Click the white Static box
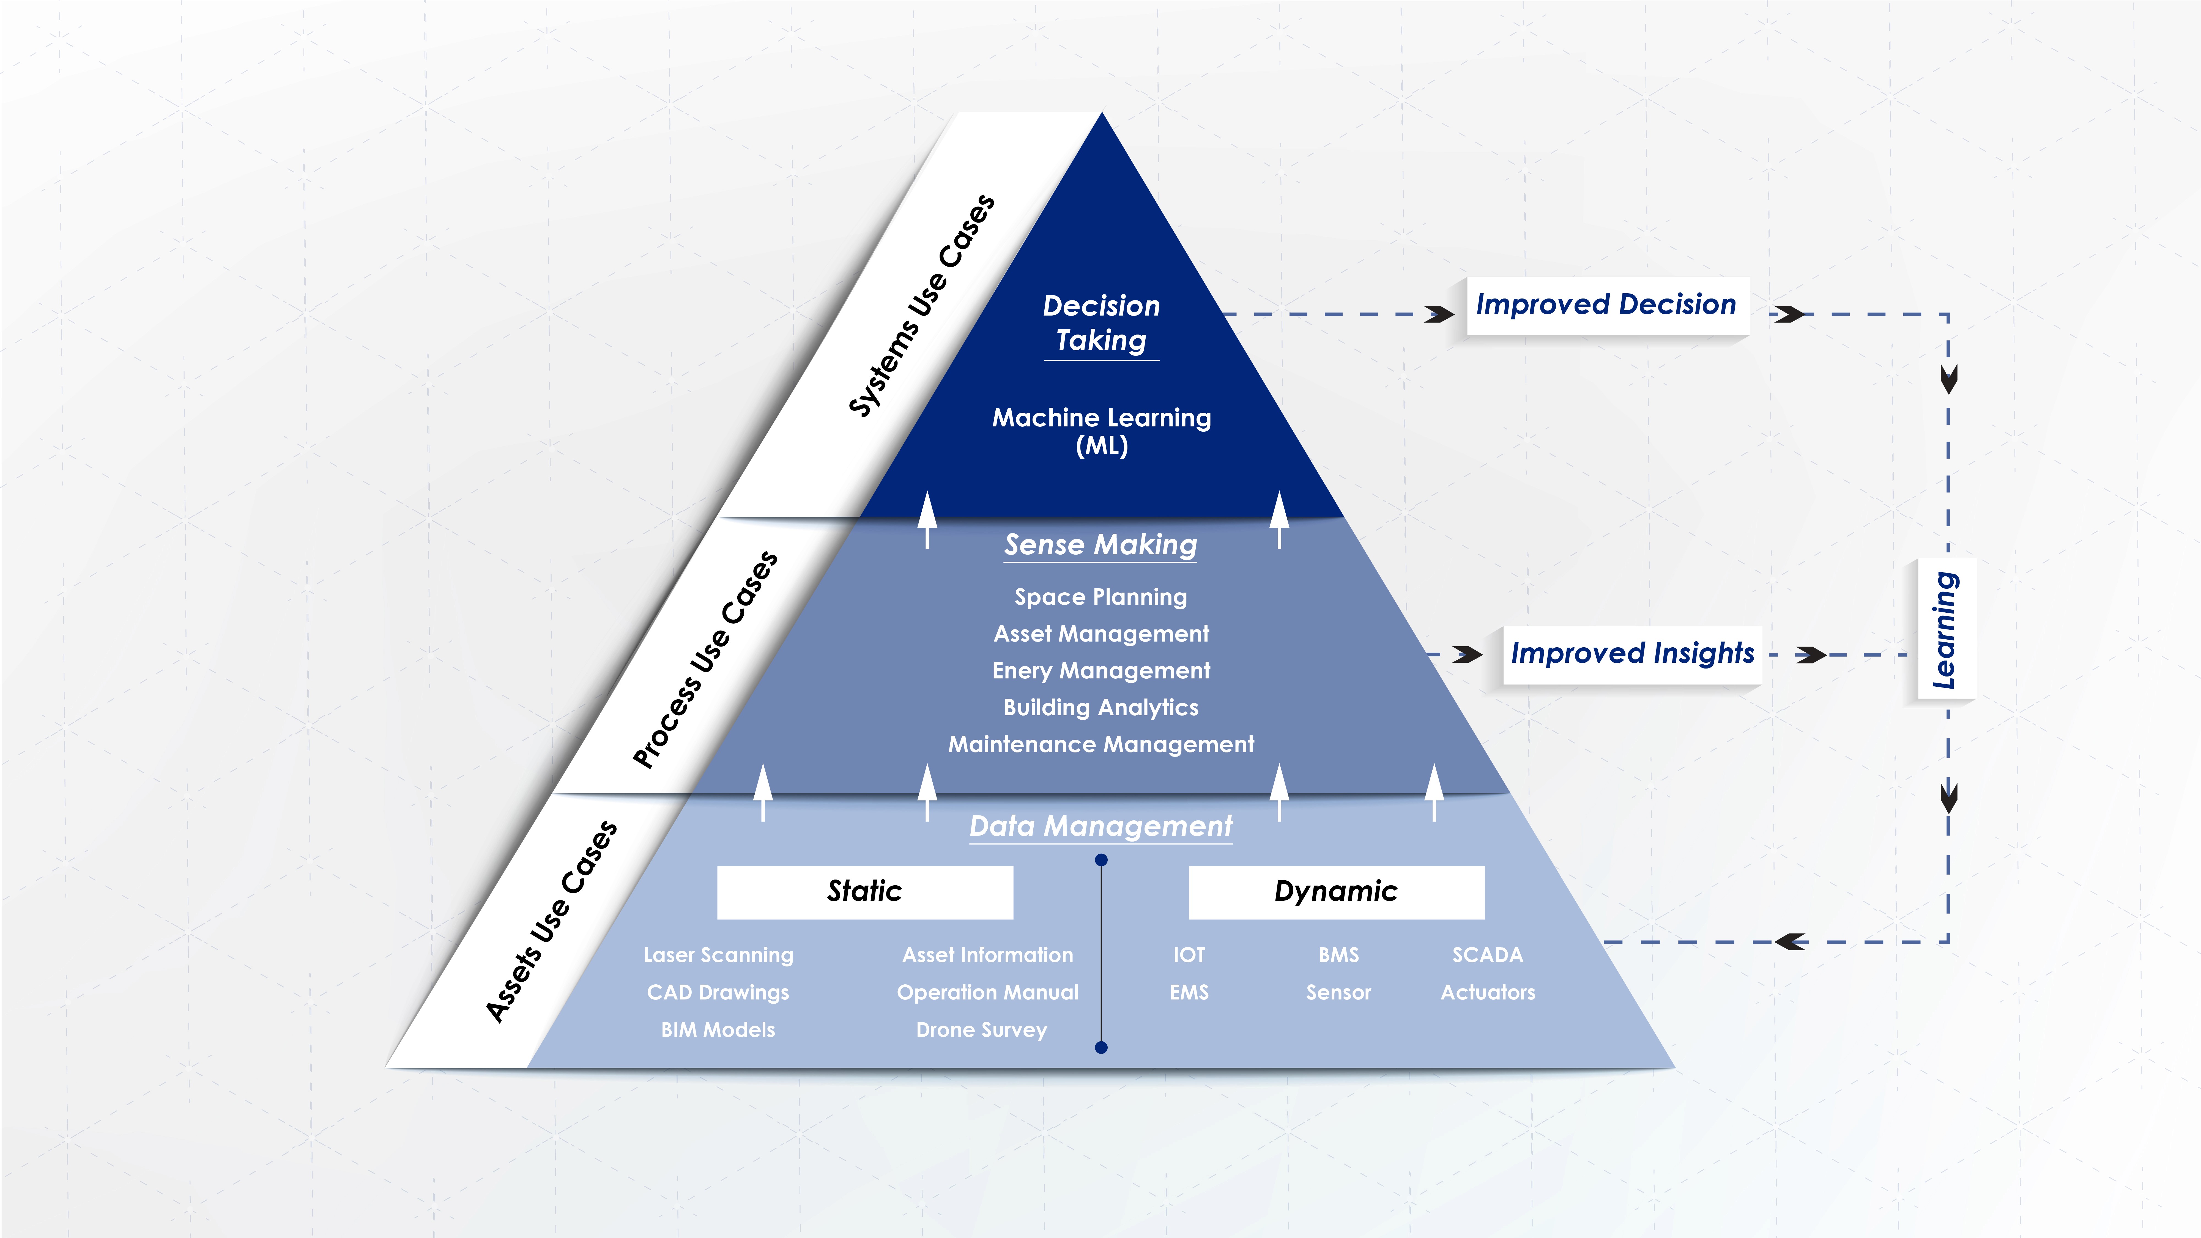[x=865, y=892]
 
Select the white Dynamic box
[x=1336, y=892]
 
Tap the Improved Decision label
[x=1606, y=305]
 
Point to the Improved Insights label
[x=1632, y=654]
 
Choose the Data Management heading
[x=1100, y=826]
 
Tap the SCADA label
[x=1488, y=955]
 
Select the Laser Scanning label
[x=719, y=955]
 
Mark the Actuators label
[x=1488, y=993]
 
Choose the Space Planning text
[x=1100, y=597]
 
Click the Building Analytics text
[x=1100, y=707]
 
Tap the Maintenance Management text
[x=1100, y=744]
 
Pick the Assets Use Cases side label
[x=551, y=921]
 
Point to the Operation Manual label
[x=988, y=993]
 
